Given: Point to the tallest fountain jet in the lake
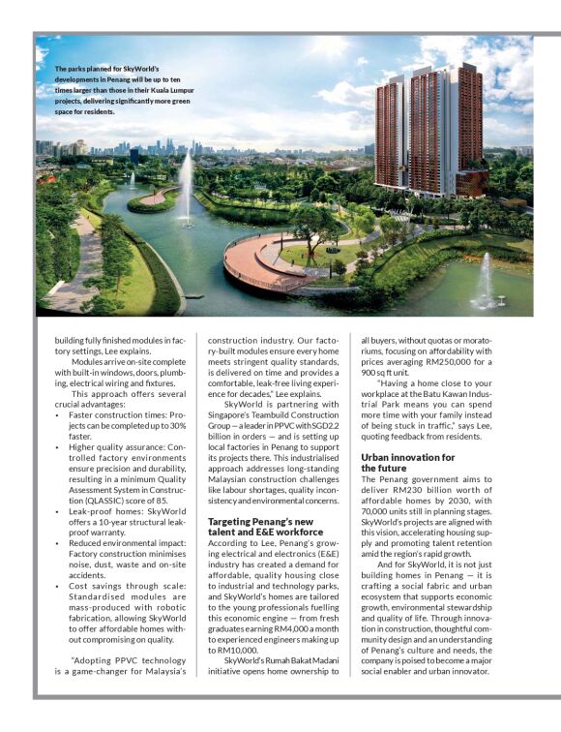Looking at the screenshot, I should (185, 184).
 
